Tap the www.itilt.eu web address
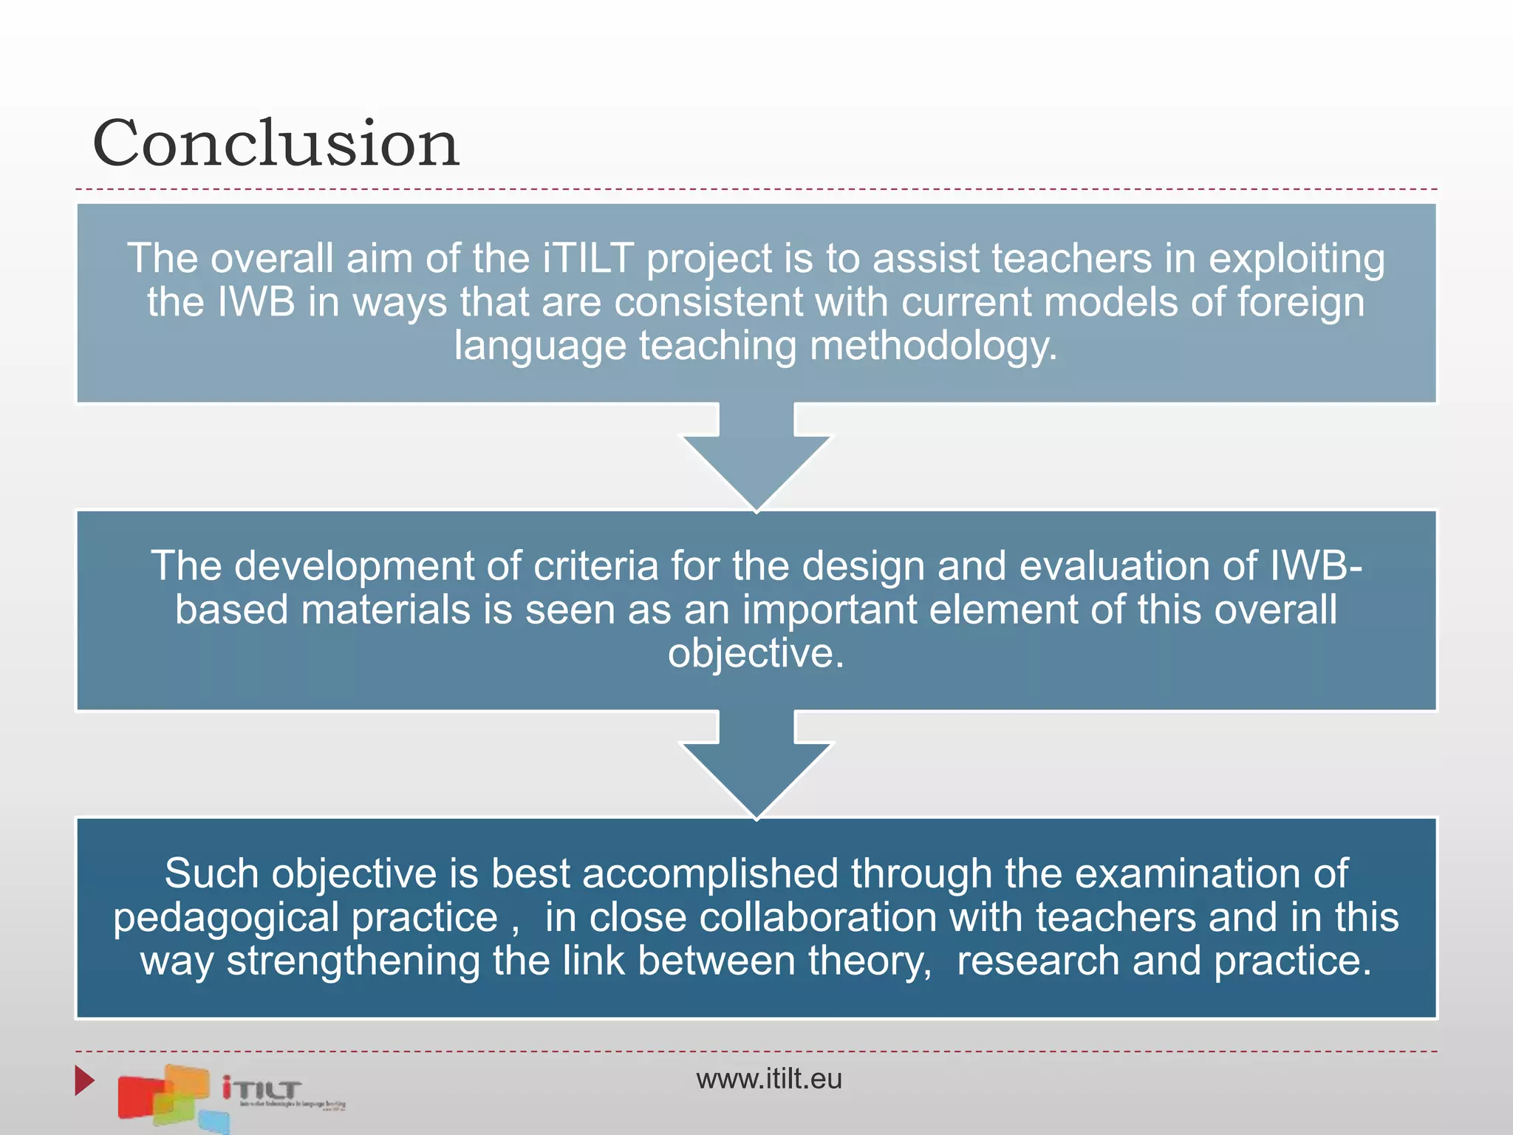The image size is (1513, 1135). pos(768,1079)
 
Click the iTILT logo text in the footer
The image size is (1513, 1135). pos(263,1089)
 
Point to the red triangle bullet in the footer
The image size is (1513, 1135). pos(84,1080)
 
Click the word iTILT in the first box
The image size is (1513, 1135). pos(588,259)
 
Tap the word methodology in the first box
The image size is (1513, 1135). pos(933,346)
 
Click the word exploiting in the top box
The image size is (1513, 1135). pos(1297,259)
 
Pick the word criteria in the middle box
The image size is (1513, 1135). pos(595,566)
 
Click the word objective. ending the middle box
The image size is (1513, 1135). pos(756,653)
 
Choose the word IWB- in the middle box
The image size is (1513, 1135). pos(1316,566)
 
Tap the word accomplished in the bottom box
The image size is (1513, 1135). pos(710,873)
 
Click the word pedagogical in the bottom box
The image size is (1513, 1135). pos(226,918)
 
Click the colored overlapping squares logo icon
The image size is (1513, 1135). pos(166,1097)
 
